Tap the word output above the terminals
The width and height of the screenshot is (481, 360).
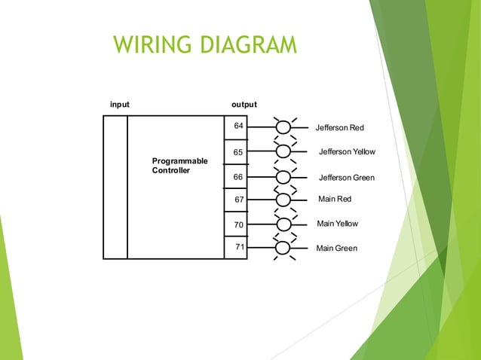(244, 105)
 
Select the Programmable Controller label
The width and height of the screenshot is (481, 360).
(179, 166)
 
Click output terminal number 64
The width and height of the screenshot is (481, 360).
(238, 126)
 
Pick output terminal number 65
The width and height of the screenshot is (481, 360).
(238, 152)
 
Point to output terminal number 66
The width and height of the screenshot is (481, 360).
(238, 177)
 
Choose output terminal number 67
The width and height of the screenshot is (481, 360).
(239, 200)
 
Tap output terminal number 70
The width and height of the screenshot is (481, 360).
(239, 224)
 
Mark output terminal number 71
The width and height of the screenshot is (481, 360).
(239, 247)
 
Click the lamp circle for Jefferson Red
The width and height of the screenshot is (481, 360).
(283, 128)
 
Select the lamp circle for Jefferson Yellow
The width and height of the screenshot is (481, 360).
(283, 151)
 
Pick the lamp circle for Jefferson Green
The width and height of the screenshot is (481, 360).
(283, 177)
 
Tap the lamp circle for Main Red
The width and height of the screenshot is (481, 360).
(283, 200)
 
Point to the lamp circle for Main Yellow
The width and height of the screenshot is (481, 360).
(283, 224)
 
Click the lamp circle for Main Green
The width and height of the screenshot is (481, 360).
(283, 248)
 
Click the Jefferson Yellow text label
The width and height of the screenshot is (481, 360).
(347, 152)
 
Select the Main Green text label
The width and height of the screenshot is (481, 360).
(337, 249)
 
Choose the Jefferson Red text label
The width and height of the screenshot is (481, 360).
(340, 128)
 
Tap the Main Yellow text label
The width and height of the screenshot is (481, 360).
(338, 224)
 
